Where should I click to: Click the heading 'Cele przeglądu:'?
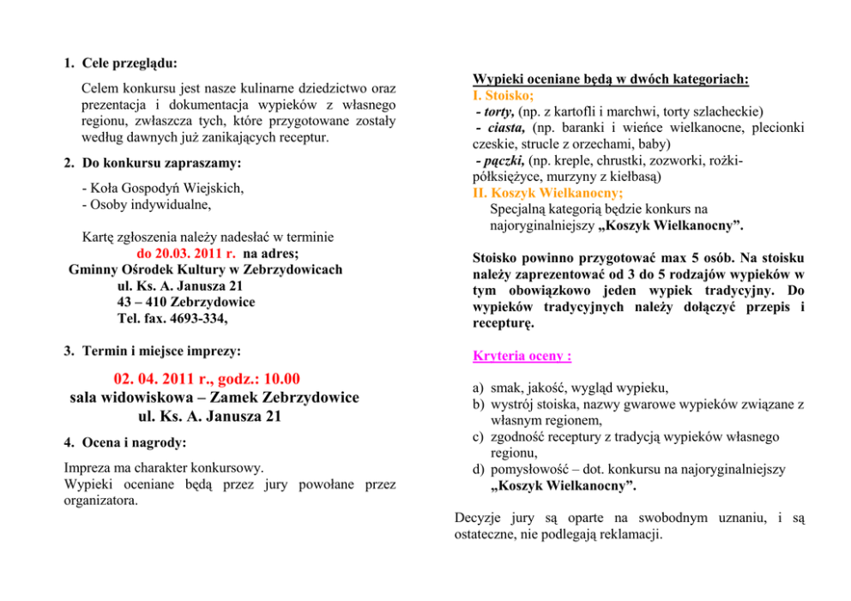130,63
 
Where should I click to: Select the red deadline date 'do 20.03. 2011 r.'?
186,254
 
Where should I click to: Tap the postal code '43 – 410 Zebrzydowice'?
186,302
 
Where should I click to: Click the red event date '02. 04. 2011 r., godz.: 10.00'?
207,378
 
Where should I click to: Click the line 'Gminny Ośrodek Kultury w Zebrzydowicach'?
205,269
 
